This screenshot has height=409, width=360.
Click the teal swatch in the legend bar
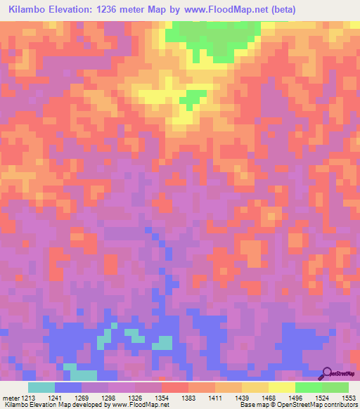[x=41, y=387]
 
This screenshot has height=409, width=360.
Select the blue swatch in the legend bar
[x=67, y=387]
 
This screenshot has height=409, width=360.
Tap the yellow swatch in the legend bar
[x=281, y=387]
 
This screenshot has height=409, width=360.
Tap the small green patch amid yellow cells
[x=188, y=100]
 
